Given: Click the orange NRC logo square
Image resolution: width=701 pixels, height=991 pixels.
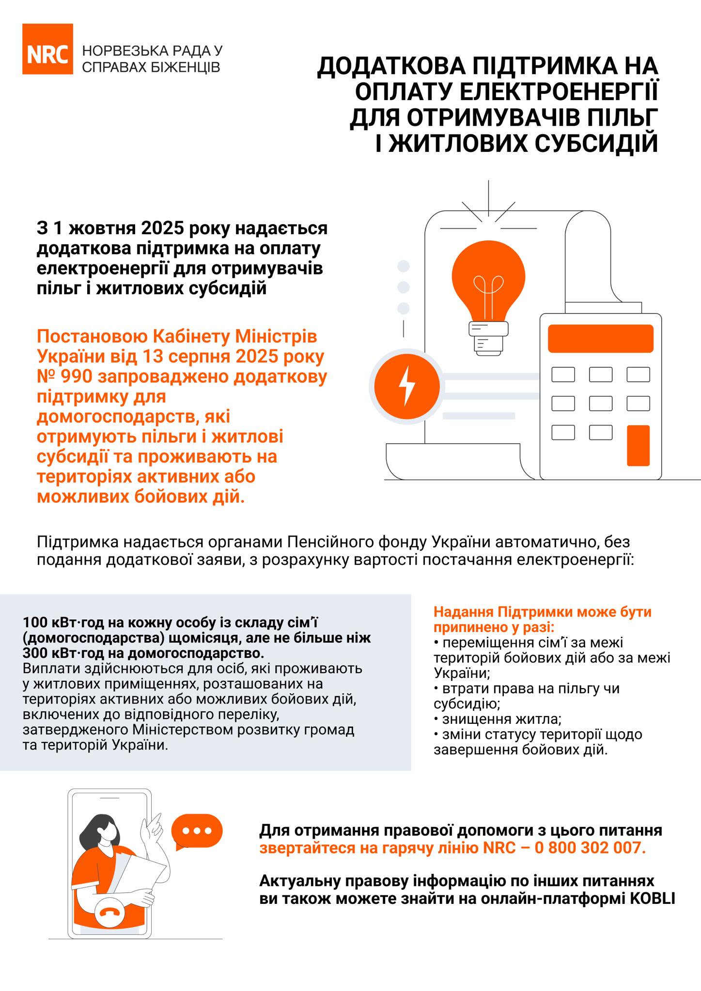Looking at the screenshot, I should pos(47,49).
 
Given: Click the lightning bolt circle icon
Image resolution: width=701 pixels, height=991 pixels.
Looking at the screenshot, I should pos(407,386).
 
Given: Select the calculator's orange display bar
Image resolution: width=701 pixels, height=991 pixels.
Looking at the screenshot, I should pos(601,338).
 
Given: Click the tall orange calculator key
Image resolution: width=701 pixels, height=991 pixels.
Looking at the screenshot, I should pos(638,445).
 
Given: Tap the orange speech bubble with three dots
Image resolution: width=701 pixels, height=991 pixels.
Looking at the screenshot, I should pos(197,831).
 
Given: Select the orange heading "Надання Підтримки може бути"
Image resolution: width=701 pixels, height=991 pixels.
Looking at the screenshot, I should pos(542,612).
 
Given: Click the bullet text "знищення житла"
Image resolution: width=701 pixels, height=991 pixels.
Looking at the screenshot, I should pos(502,719).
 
